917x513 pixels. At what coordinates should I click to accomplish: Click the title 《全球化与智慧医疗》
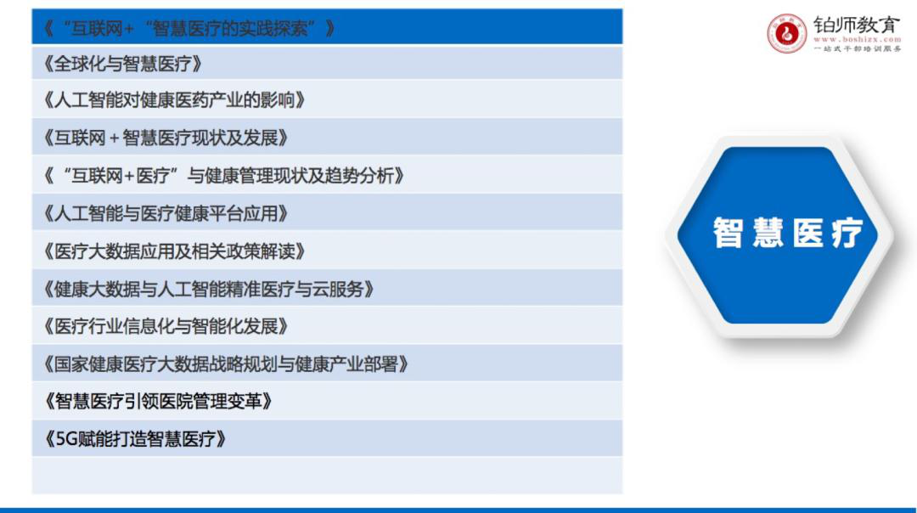[123, 64]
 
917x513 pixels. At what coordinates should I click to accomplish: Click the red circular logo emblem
[786, 33]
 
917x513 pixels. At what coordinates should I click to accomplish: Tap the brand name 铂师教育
[857, 25]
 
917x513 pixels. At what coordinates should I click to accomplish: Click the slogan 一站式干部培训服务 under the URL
[858, 48]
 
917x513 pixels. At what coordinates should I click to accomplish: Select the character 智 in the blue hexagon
[728, 233]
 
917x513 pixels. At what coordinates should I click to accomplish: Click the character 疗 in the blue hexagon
[847, 233]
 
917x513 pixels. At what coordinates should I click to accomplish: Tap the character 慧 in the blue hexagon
[768, 233]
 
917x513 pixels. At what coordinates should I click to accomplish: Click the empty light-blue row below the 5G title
[327, 476]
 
